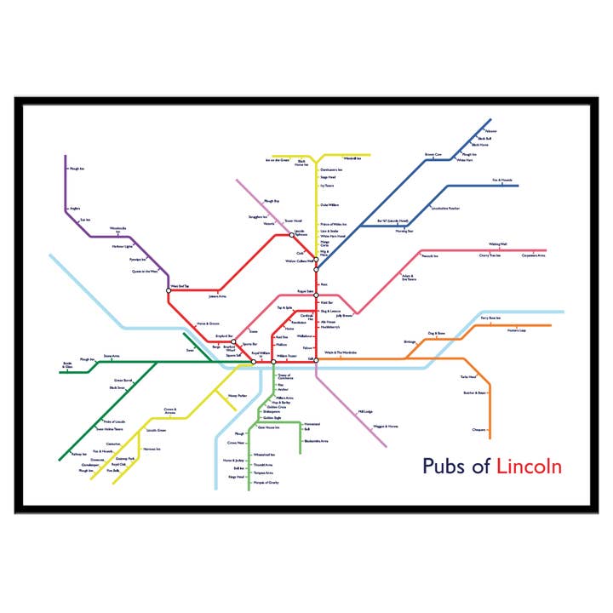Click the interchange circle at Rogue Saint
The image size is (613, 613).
point(316,291)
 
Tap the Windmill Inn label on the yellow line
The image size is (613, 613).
point(353,159)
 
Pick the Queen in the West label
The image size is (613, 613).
point(144,272)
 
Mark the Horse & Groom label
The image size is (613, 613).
point(208,324)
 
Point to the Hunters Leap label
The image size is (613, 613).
point(517,330)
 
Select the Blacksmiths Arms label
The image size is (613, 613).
point(315,441)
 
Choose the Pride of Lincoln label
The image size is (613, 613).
point(113,421)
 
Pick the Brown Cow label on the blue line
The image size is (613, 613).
point(434,155)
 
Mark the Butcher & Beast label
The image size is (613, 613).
point(474,393)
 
